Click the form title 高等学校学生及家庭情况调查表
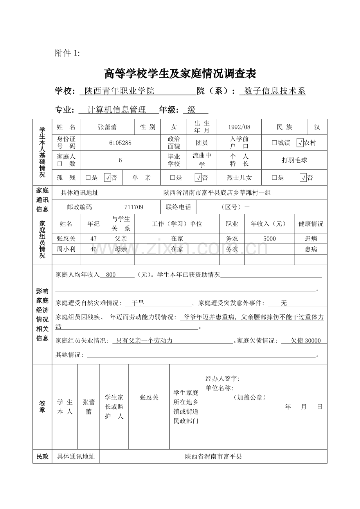click(180, 73)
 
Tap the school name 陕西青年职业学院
click(119, 91)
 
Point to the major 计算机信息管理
click(117, 110)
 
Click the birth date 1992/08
click(239, 127)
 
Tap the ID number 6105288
click(120, 143)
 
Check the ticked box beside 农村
click(300, 143)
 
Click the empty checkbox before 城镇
click(274, 143)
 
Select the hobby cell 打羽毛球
click(294, 160)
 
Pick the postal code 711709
click(134, 207)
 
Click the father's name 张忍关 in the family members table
click(66, 238)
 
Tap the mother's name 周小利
click(66, 249)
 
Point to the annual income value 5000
click(269, 238)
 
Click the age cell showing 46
click(94, 249)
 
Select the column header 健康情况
click(311, 224)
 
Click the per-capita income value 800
click(111, 275)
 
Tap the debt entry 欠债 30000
click(306, 341)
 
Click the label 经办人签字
click(222, 378)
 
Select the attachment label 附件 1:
click(67, 54)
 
